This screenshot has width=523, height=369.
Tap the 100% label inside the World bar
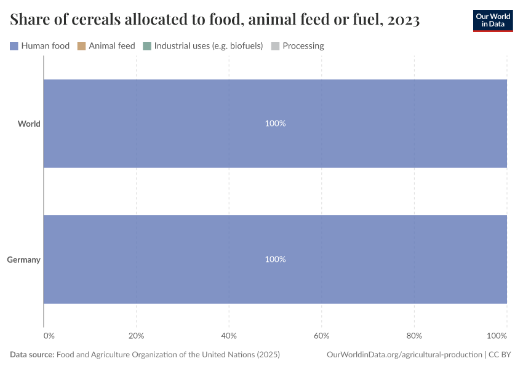tap(275, 124)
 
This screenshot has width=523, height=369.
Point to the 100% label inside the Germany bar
tap(275, 260)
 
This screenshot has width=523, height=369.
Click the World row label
tap(29, 124)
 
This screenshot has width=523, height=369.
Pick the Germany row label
tap(24, 260)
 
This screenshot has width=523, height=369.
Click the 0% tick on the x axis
tap(49, 336)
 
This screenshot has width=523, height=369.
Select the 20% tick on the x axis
tap(136, 336)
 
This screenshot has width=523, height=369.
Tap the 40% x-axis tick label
tap(229, 336)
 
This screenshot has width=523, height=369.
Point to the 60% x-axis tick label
tap(322, 336)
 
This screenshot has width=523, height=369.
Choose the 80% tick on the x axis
tap(414, 336)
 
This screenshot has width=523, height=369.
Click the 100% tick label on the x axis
tap(497, 336)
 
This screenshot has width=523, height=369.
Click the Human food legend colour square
tap(14, 46)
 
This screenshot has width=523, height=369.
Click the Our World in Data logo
tap(492, 20)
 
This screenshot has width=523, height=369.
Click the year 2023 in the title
tap(404, 20)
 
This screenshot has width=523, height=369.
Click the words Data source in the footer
tap(32, 355)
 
